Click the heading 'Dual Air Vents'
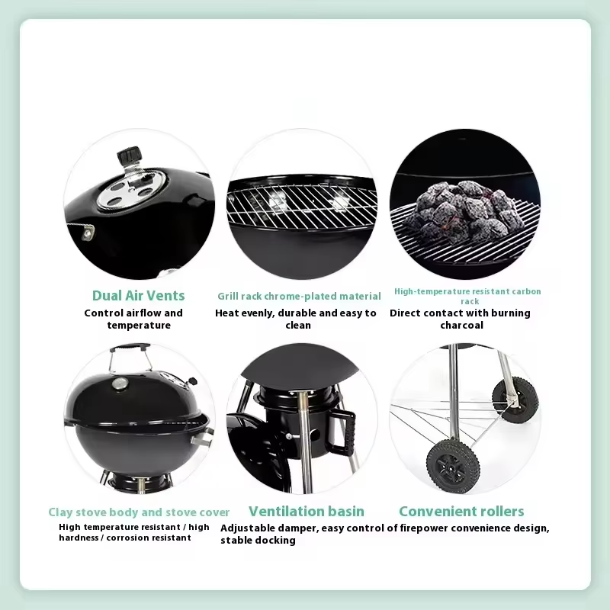pos(138,296)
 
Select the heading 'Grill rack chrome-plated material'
pos(299,296)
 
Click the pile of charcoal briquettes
pos(463,207)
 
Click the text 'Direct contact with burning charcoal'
pos(460,319)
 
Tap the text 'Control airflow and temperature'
pos(134,319)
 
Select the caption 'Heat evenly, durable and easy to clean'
pos(297,319)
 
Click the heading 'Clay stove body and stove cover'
pos(139,512)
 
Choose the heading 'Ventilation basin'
pos(306,512)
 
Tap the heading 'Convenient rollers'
pos(461,512)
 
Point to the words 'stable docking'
pos(258,541)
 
